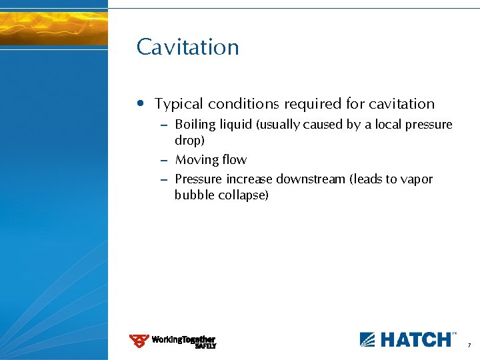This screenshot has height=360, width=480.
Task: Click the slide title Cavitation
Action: point(187,47)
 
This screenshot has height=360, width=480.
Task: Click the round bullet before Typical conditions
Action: point(139,104)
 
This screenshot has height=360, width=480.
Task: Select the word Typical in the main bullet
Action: point(179,104)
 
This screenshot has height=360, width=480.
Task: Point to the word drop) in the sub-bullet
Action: point(189,141)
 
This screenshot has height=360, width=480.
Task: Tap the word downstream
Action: point(309,179)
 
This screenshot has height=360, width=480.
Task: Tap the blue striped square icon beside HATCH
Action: point(368,339)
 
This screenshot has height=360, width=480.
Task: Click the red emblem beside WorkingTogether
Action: point(139,341)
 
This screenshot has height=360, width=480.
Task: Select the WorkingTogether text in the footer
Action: point(183,339)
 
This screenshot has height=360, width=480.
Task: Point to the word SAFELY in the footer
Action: point(205,346)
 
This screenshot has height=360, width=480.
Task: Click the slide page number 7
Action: point(469,346)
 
